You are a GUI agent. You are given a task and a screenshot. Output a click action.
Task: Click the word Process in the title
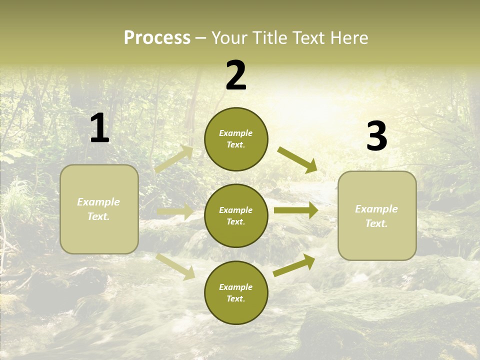[157, 38]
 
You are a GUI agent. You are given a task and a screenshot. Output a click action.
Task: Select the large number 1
[99, 128]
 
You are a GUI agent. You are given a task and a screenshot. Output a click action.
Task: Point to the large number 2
[236, 75]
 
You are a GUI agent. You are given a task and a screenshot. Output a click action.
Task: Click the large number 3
[376, 137]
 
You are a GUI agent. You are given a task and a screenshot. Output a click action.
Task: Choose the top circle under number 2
[236, 139]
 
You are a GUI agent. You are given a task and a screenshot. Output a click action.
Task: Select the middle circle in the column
[236, 215]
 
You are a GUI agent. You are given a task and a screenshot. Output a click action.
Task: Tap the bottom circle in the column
[236, 292]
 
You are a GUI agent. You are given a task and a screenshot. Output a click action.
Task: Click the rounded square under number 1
[99, 209]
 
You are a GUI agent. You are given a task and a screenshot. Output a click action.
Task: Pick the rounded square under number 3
[377, 215]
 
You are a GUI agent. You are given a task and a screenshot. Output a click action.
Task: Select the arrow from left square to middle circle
[175, 212]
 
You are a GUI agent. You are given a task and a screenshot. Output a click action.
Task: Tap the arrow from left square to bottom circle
[175, 266]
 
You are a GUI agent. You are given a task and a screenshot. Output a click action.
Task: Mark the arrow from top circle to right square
[297, 160]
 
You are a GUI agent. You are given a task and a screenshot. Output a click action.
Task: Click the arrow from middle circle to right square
[296, 210]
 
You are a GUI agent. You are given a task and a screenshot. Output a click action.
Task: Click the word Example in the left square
[98, 202]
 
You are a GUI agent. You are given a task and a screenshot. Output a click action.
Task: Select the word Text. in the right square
[376, 223]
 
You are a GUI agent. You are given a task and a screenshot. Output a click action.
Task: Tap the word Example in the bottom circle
[236, 287]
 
